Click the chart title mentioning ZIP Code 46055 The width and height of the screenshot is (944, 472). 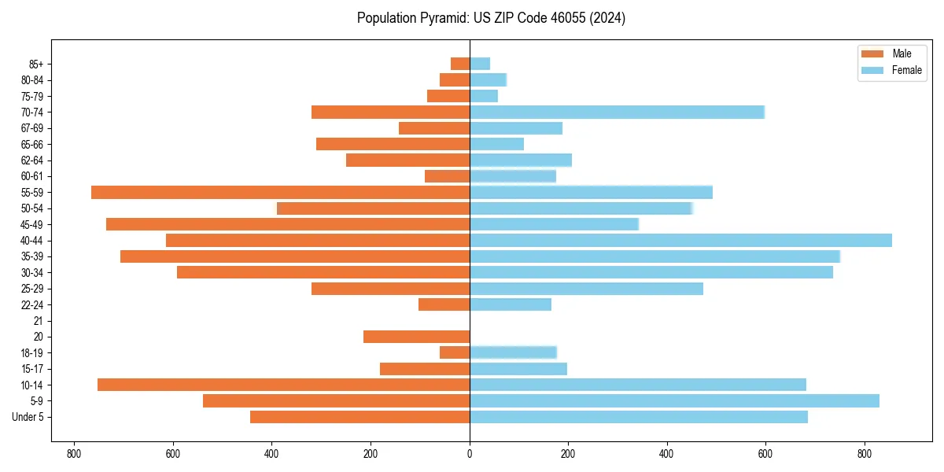491,18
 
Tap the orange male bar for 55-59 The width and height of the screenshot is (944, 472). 280,192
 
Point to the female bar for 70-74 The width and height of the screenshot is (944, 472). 617,112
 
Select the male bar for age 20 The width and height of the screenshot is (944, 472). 416,337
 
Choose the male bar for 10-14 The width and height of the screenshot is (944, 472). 283,385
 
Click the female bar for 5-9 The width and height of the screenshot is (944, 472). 674,400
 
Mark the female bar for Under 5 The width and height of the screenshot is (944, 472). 638,417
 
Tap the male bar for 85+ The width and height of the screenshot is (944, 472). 460,64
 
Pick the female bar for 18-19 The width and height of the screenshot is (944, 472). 513,352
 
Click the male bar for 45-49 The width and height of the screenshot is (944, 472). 288,224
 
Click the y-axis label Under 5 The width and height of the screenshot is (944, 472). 28,417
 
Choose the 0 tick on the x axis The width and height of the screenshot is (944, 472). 470,454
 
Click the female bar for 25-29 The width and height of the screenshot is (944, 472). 586,289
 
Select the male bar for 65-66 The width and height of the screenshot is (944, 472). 393,144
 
